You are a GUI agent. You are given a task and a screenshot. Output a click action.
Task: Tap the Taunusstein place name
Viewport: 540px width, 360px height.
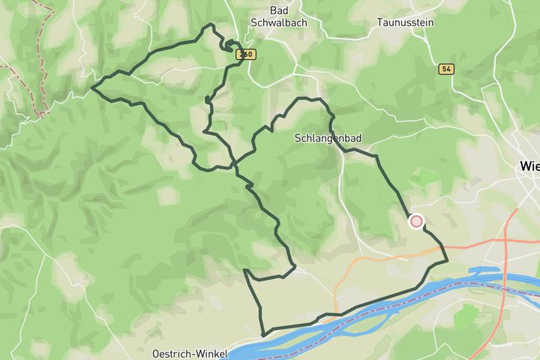coord(406,22)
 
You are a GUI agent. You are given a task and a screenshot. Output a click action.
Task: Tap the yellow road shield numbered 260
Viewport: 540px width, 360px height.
coord(245,55)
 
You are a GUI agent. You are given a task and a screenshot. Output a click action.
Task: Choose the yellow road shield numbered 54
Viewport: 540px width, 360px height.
coord(446,69)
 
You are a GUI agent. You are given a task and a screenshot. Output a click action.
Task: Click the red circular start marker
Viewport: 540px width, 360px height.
coord(416,221)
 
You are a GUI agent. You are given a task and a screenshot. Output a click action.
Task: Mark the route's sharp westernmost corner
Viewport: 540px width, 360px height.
coord(92,88)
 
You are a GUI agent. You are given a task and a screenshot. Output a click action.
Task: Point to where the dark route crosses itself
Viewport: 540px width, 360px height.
coord(234,163)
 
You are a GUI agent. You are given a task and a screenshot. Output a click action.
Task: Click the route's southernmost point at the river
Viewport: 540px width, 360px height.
coord(262,334)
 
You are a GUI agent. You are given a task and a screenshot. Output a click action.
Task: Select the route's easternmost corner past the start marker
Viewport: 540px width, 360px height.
coord(447,261)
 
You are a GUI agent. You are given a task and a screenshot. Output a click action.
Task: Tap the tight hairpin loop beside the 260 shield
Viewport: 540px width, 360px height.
coord(228,45)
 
